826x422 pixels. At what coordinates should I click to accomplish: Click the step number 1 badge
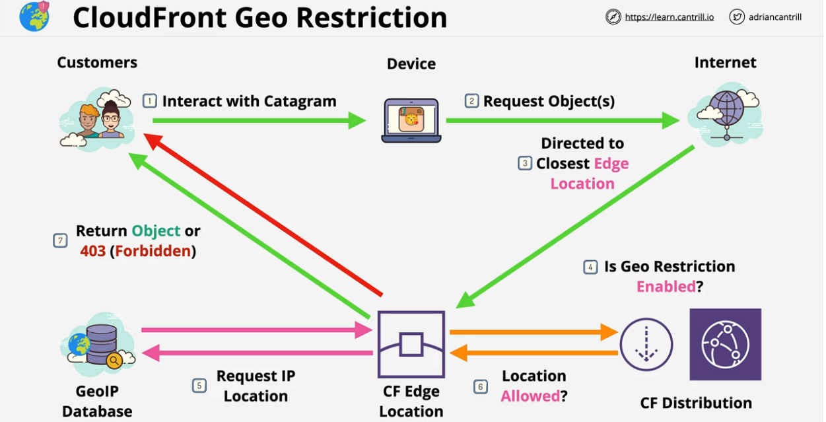click(150, 101)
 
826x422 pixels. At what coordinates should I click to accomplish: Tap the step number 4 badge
click(590, 267)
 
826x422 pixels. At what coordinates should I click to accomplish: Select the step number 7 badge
click(60, 240)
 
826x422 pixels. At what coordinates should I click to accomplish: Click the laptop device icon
click(411, 120)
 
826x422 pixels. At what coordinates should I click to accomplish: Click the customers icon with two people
click(99, 119)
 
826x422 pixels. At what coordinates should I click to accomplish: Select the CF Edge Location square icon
click(411, 344)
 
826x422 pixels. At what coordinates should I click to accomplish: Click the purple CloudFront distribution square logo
click(725, 344)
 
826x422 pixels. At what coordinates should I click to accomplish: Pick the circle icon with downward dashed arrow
click(646, 344)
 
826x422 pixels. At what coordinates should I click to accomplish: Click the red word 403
click(93, 251)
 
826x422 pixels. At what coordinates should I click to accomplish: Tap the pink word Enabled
click(666, 287)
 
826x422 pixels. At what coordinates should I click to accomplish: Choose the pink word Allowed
click(530, 396)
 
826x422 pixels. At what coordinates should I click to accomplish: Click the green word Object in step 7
click(156, 230)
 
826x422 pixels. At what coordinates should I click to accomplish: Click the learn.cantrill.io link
click(669, 17)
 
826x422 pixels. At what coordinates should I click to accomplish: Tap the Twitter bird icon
click(737, 17)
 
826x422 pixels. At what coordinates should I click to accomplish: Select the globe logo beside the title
click(34, 17)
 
